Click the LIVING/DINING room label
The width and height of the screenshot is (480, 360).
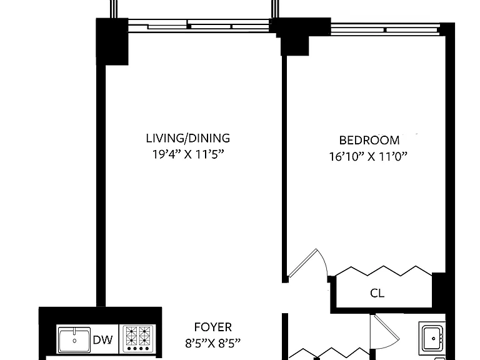point(188,138)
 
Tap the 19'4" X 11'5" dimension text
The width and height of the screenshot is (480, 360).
point(188,154)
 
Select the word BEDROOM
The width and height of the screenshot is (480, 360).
point(369,141)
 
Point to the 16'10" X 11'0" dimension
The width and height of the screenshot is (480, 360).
point(368,157)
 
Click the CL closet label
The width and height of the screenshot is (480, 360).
point(377,293)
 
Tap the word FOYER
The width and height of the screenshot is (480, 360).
point(212,327)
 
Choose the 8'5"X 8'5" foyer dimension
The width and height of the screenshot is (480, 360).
point(212,344)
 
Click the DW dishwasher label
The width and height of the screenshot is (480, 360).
point(103,340)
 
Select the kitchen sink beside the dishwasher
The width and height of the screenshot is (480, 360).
point(74,339)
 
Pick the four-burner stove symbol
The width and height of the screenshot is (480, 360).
point(137,339)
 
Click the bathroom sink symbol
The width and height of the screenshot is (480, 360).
point(432,338)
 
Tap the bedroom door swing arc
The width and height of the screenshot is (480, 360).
point(323,261)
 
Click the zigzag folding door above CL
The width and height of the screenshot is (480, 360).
point(384,271)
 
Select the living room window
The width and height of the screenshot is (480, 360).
point(199,26)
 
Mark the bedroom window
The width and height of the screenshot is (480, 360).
point(386,29)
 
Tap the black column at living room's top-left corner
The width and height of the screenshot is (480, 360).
point(112,41)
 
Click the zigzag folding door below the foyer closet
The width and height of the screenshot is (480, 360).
point(329,353)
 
